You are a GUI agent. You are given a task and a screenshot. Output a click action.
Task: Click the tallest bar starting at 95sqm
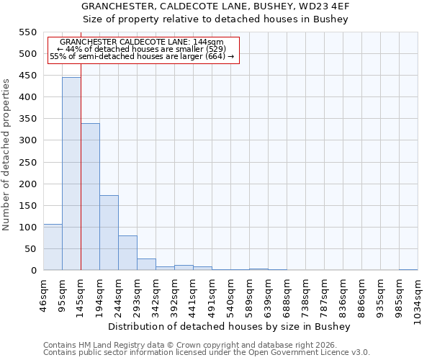(x=71, y=174)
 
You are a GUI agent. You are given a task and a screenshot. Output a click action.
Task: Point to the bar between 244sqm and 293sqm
(x=127, y=253)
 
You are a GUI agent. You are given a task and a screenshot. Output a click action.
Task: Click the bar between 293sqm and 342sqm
(x=146, y=264)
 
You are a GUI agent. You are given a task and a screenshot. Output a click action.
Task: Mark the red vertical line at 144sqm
(x=81, y=166)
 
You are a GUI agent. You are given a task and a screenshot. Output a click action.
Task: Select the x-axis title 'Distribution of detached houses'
(x=233, y=326)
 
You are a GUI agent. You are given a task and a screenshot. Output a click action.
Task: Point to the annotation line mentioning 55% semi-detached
(x=142, y=56)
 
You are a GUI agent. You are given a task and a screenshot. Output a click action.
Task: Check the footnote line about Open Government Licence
(x=207, y=352)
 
